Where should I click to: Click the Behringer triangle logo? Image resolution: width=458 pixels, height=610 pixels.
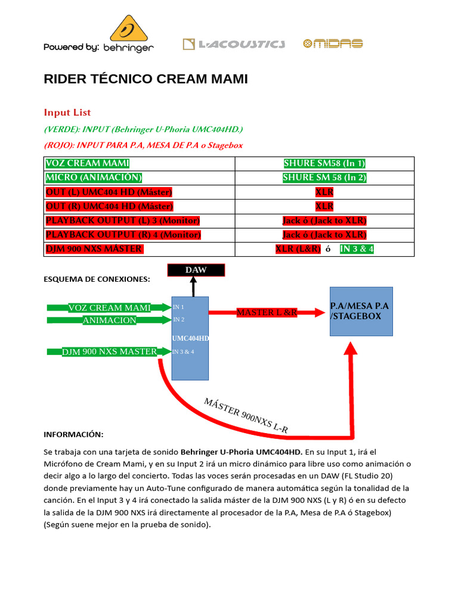pyautogui.click(x=128, y=28)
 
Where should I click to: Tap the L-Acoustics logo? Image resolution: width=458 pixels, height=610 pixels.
pyautogui.click(x=234, y=43)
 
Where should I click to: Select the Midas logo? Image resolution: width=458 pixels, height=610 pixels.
pyautogui.click(x=333, y=43)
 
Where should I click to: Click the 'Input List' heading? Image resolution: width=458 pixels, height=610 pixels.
pyautogui.click(x=67, y=113)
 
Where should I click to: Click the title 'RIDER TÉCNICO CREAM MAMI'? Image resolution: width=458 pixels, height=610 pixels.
pyautogui.click(x=146, y=79)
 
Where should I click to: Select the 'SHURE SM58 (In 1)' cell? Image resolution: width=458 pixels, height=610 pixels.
pyautogui.click(x=324, y=163)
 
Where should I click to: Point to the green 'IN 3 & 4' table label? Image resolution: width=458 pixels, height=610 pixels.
pyautogui.click(x=357, y=249)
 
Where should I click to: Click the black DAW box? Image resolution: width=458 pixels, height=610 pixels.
pyautogui.click(x=196, y=270)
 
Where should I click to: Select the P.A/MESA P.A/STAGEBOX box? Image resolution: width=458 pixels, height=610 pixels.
pyautogui.click(x=361, y=311)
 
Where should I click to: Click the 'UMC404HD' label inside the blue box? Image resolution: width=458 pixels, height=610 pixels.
pyautogui.click(x=190, y=338)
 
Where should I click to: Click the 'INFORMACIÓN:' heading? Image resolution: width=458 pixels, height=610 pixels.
pyautogui.click(x=74, y=434)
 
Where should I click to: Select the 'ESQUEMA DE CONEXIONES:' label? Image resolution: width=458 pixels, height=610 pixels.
pyautogui.click(x=97, y=279)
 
